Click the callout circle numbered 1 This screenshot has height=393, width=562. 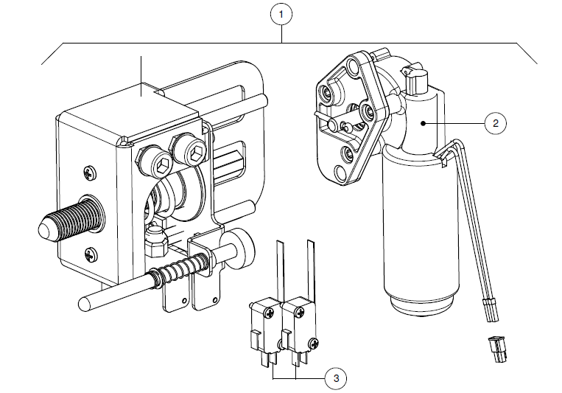click(281, 14)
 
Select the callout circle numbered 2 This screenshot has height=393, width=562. click(495, 123)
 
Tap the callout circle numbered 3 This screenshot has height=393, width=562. click(335, 378)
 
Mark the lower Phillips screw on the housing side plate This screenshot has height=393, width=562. click(90, 255)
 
